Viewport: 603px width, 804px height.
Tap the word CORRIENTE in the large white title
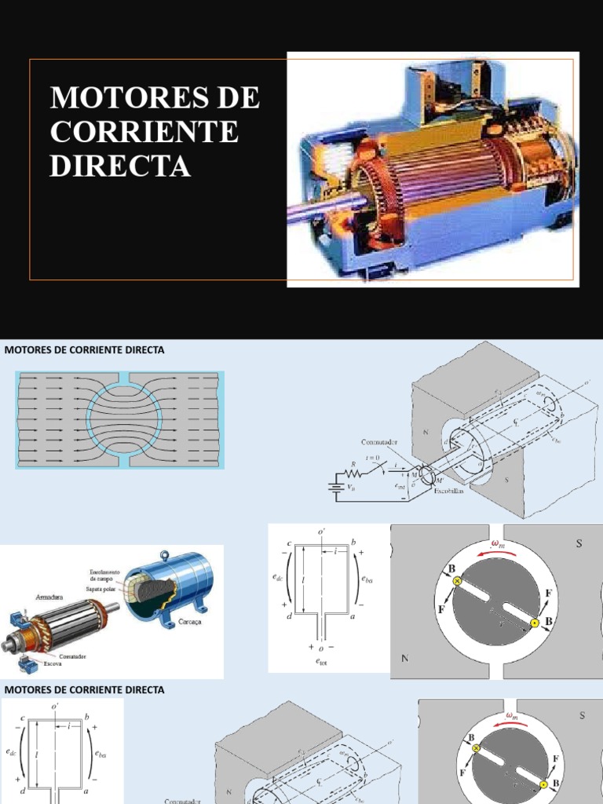(144, 132)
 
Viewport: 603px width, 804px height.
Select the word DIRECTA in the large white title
(120, 166)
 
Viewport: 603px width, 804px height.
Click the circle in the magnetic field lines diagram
(124, 419)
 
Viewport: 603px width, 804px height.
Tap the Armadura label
(46, 597)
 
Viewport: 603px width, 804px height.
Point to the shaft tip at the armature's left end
(8, 645)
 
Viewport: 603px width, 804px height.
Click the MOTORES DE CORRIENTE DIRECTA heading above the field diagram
(84, 350)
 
